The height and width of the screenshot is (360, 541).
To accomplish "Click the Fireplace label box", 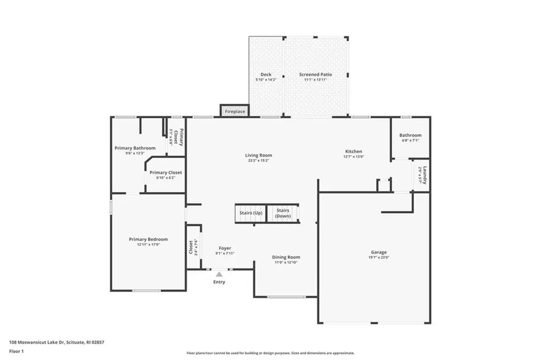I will coord(235,112).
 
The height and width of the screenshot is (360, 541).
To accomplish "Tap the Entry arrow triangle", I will coord(219,274).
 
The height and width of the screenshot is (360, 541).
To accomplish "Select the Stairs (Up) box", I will coord(250,213).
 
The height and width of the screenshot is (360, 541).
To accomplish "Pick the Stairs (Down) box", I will coord(283,213).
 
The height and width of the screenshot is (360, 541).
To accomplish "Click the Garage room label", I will coord(378,252).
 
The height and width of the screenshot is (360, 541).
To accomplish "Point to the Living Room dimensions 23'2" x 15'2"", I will coord(258,160).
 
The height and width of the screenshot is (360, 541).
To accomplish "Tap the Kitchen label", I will coord(353,151).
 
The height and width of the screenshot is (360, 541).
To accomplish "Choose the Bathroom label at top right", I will coord(410,135).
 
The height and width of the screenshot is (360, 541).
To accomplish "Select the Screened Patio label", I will coord(315,75).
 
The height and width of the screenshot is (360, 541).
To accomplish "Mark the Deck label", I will coord(266,75).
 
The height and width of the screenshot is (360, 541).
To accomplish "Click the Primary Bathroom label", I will coord(135,148).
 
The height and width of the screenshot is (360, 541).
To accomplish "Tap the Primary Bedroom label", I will coord(148,239).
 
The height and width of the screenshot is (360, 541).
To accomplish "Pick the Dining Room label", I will coord(286,257).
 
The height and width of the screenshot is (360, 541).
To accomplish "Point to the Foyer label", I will coord(225,248).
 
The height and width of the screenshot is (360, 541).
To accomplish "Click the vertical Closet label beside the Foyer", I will coord(191,247).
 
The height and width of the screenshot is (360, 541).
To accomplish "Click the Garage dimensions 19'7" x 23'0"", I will coord(378,258).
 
